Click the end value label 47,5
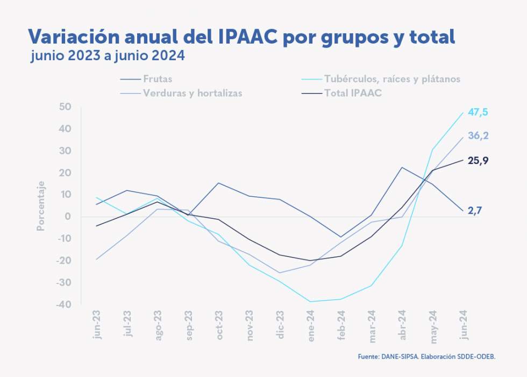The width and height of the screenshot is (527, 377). [x=478, y=112]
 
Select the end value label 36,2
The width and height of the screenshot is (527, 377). [x=478, y=136]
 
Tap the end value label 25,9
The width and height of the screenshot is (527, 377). [x=478, y=160]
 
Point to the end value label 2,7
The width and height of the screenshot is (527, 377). [x=474, y=211]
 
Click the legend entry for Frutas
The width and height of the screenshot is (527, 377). [x=158, y=79]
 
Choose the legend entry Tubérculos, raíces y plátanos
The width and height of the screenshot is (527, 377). [x=392, y=79]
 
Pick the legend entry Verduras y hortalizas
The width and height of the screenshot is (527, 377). [x=193, y=93]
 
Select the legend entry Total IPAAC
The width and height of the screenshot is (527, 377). [x=353, y=93]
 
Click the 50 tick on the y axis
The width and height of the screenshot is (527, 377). [x=66, y=107]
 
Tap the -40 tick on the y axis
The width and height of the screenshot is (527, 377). [x=63, y=304]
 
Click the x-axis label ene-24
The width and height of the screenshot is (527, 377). [x=311, y=325]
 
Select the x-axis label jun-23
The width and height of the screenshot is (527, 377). [x=97, y=325]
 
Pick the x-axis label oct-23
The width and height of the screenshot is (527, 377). [x=219, y=325]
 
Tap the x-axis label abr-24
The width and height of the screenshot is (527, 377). [x=403, y=325]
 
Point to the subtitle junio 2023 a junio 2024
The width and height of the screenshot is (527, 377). [x=108, y=55]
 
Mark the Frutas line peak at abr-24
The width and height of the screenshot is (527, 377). [x=402, y=167]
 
